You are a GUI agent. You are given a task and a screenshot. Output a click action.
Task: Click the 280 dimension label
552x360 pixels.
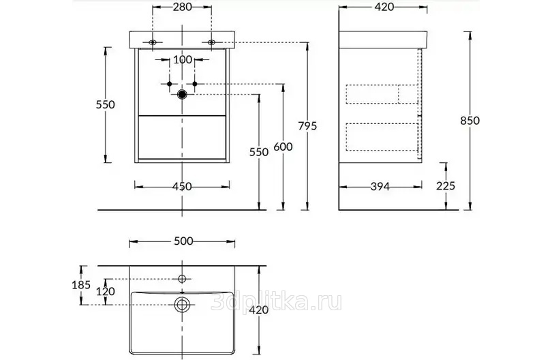183,7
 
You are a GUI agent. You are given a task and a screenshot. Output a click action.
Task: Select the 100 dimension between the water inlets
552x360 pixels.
183,59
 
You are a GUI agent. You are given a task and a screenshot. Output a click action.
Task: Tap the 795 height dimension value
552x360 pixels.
307,125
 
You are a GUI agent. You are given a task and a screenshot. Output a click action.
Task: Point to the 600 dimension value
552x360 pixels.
283,147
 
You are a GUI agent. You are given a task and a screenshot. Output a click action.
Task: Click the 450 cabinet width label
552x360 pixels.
182,186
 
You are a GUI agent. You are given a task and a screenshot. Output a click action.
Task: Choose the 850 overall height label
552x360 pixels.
470,121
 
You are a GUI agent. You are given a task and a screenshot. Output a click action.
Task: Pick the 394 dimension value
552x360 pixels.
380,186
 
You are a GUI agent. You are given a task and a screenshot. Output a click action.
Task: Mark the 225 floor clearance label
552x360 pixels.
446,185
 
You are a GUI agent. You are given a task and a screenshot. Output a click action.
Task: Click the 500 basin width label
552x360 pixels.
183,241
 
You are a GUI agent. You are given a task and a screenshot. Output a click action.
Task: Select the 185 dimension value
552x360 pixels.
81,284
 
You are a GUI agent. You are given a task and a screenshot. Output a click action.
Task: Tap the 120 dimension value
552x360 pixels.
106,292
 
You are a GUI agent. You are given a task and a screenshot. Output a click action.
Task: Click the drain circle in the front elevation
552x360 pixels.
182,94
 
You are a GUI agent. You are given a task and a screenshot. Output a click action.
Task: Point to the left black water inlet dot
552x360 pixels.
169,84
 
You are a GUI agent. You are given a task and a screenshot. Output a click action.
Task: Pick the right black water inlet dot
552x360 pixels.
195,84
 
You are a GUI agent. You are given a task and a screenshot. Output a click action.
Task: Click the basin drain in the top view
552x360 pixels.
182,304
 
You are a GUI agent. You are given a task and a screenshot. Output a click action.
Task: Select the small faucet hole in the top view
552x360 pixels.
182,279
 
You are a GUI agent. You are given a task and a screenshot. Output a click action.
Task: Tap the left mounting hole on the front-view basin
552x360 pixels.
153,43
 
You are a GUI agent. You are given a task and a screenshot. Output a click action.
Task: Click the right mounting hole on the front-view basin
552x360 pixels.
211,43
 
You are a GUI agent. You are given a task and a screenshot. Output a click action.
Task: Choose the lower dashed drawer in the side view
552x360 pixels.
382,136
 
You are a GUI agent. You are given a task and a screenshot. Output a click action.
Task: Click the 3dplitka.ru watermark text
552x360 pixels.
276,302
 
